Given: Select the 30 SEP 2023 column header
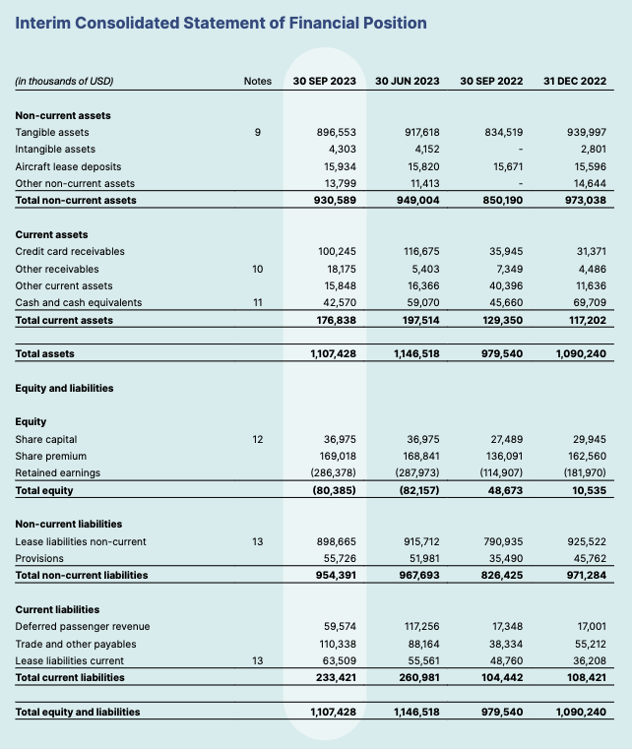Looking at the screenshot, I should click(x=324, y=81).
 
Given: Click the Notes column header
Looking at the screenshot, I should click(x=257, y=81).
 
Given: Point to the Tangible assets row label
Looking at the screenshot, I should click(x=52, y=132).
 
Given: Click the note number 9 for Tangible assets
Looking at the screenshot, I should click(x=257, y=132).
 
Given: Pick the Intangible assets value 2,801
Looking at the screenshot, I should click(x=589, y=149).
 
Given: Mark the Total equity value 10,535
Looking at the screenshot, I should click(x=588, y=489).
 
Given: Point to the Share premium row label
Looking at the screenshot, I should click(x=51, y=456).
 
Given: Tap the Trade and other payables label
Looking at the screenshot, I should click(x=76, y=644).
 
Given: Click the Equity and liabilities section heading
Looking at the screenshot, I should click(x=64, y=388).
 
